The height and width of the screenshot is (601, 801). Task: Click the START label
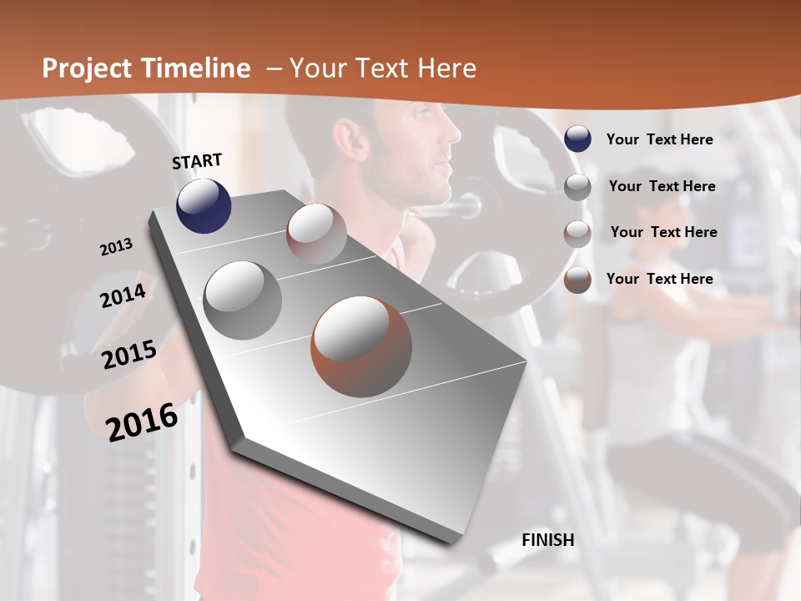coord(197,161)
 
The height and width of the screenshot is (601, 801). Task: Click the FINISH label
coord(547,540)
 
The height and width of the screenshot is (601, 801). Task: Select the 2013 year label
coord(116,247)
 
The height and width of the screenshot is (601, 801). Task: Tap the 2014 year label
coord(123,295)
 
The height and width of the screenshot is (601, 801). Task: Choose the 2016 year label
coord(142,422)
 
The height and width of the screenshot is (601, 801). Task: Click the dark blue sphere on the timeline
coord(204,205)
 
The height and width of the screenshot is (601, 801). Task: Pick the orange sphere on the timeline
coord(361,346)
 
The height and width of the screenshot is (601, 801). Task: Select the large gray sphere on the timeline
coord(242,300)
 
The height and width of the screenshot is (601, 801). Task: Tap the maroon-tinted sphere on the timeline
coord(316,233)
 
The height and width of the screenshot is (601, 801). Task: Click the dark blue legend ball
coord(577,139)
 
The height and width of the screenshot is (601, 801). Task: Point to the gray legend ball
coord(577,187)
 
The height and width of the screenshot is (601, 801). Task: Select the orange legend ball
coord(577,280)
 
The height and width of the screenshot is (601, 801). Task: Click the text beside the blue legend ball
coord(659,139)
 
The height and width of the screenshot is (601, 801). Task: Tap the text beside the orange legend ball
coord(659,279)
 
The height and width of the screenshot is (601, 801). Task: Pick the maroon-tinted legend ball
coord(577,234)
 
